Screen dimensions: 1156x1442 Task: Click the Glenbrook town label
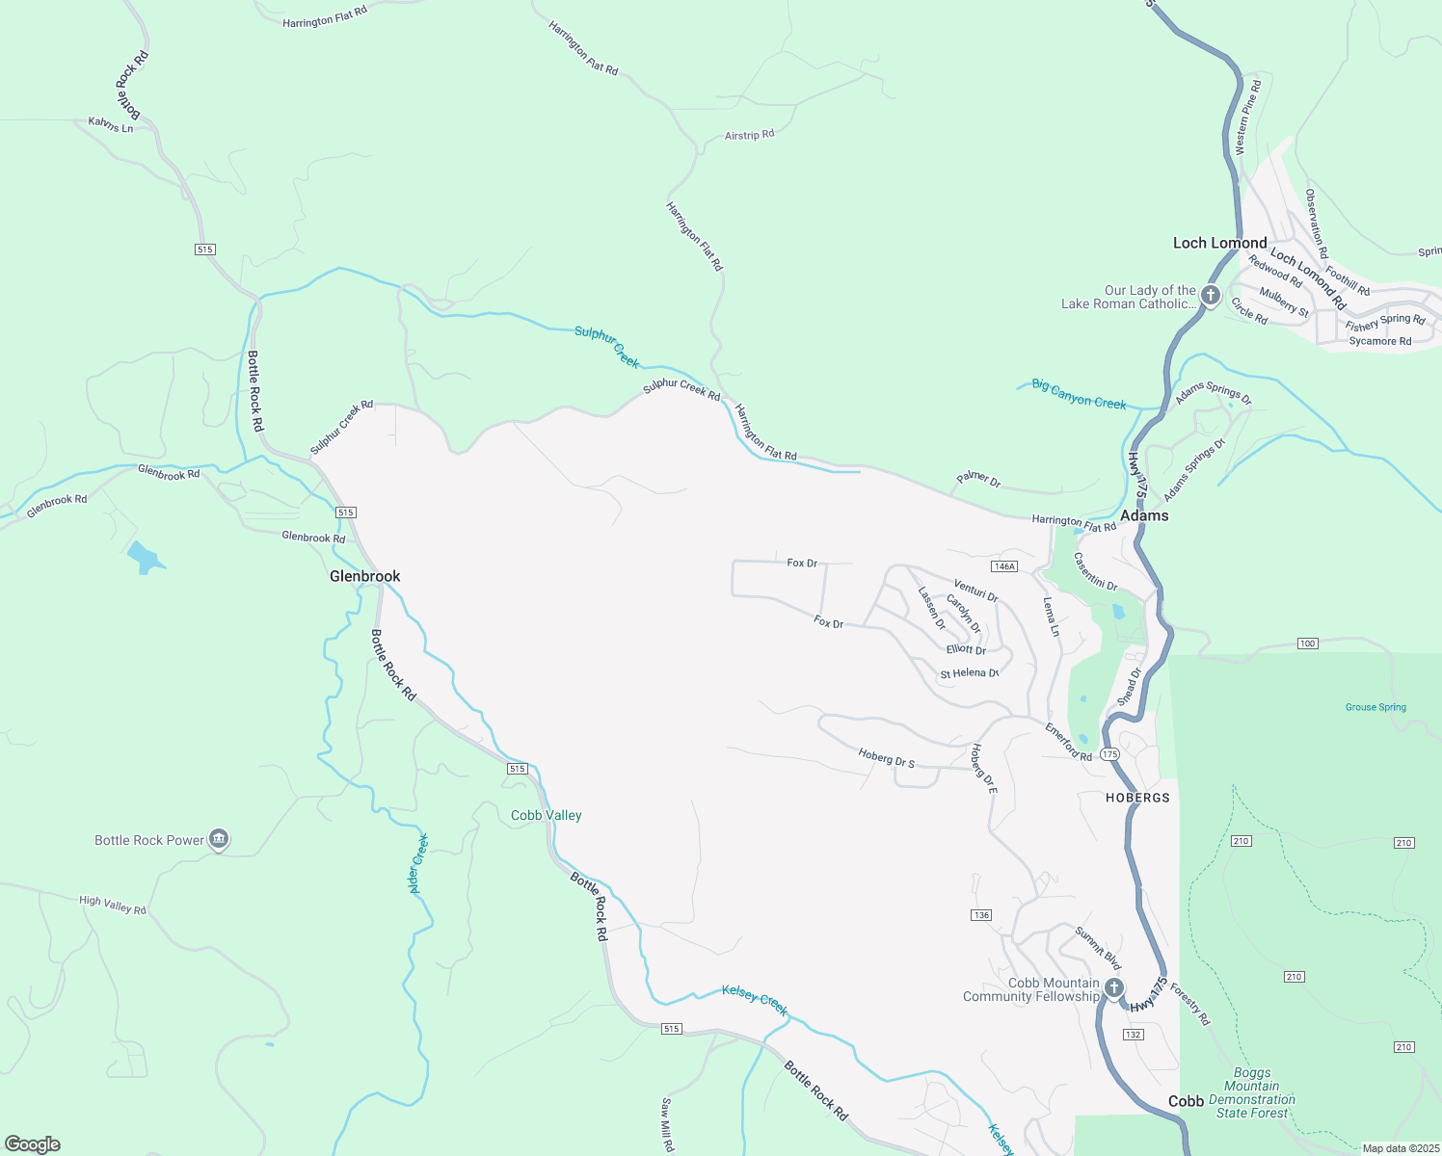364,576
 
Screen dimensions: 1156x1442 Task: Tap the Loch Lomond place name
1219,243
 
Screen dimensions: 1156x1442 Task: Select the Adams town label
1144,515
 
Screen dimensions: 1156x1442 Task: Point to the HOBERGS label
1137,798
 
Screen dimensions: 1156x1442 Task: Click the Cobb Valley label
546,815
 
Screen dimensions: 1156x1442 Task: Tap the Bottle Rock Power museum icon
219,840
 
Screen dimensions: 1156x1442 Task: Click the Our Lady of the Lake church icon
1211,296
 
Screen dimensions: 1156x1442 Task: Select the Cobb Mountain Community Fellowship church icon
1113,988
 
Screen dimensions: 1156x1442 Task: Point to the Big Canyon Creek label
1079,394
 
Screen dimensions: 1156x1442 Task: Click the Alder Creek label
418,863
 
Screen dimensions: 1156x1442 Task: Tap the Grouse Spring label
1375,707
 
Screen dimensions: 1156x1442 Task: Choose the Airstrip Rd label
749,136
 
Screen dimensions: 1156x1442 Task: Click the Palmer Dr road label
978,478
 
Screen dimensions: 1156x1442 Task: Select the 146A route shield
1004,566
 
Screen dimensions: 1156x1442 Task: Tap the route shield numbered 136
981,915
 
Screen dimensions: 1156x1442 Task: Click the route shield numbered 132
1133,1035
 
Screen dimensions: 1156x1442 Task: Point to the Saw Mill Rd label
666,1124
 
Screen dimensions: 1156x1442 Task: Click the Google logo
33,1144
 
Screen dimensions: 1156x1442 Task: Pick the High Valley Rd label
113,905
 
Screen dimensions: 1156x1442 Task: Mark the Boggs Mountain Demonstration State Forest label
1251,1092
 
